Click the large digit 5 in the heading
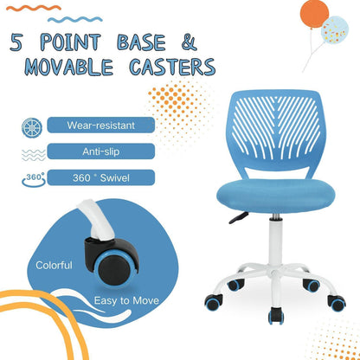coord(19,42)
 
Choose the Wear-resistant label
coord(100,125)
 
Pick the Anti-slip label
coord(100,151)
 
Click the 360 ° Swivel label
coord(100,177)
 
